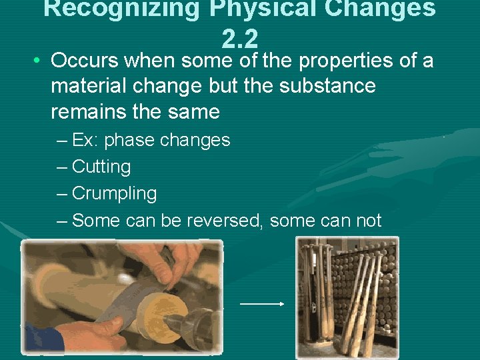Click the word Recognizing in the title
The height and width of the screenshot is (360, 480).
point(111,9)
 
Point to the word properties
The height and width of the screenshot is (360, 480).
point(347,61)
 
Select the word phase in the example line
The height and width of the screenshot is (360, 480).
point(133,141)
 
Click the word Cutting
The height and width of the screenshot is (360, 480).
point(101,167)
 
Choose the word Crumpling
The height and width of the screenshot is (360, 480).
point(114,194)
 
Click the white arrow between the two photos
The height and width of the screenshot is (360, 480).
point(262,303)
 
